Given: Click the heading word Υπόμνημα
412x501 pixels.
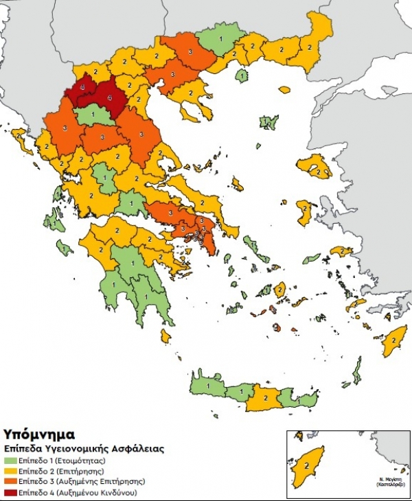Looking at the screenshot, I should tap(39, 435).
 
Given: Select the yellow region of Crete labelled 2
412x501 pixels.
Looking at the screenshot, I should tap(265, 397).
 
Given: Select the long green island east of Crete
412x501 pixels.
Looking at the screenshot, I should tap(356, 371).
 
